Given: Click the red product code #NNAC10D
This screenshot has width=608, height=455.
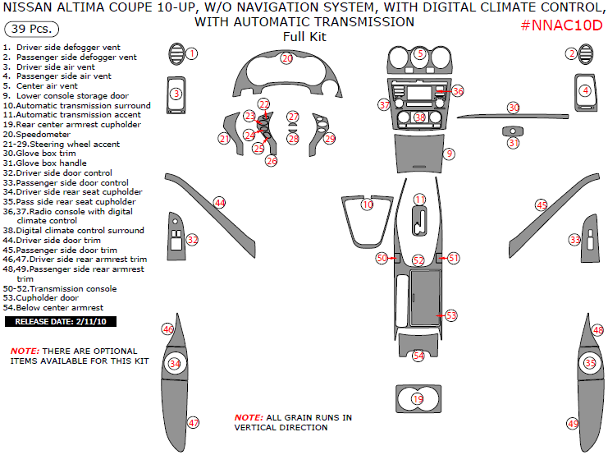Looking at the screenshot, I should [561, 25].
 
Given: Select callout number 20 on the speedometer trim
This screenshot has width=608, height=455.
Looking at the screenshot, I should [286, 58].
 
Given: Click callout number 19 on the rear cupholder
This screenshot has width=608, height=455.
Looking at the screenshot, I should [418, 399].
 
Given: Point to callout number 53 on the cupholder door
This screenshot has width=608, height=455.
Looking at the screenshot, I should [451, 315].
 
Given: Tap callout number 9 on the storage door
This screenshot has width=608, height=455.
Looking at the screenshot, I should [449, 154].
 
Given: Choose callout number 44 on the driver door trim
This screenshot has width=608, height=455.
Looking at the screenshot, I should [219, 202].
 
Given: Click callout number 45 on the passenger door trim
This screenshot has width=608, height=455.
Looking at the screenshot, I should [542, 205].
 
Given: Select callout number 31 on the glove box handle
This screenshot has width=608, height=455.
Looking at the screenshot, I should [513, 143].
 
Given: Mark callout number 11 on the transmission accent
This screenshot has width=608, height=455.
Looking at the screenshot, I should [419, 200].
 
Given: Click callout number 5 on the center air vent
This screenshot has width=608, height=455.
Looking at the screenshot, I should [420, 54].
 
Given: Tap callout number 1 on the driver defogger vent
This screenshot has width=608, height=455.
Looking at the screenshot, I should [191, 53].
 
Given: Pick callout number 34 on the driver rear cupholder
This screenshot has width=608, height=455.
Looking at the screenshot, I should [174, 363].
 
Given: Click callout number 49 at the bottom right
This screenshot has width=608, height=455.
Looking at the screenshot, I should [573, 423].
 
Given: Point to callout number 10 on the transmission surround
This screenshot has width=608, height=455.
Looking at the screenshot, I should [367, 205].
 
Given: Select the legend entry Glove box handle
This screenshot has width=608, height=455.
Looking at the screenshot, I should [45, 163].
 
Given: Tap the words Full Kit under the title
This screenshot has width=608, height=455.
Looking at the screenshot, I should [304, 37].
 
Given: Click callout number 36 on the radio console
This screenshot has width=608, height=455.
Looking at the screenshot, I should [457, 91].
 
